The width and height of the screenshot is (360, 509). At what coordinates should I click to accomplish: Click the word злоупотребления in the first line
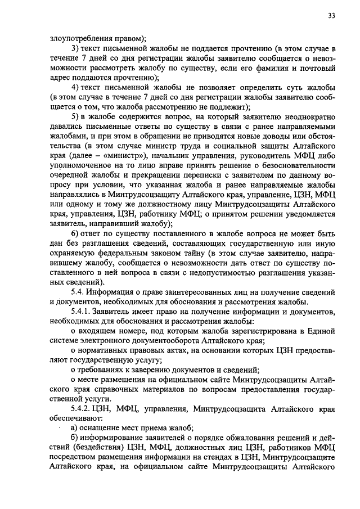(x=77, y=38)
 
